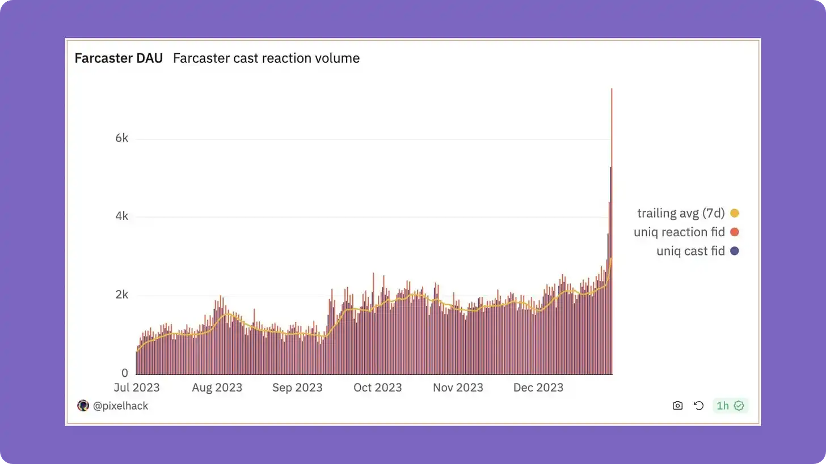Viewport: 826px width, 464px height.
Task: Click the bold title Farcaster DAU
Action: point(119,58)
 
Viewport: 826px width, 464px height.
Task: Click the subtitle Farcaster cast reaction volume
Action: point(266,58)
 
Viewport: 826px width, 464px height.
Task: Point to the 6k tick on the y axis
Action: point(122,139)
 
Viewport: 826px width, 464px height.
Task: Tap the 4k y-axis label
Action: point(122,216)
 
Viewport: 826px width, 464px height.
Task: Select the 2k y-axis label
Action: point(122,295)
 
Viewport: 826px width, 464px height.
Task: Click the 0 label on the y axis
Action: point(124,373)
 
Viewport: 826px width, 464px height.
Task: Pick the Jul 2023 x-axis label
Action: point(137,388)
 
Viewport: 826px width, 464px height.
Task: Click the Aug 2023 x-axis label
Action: point(217,388)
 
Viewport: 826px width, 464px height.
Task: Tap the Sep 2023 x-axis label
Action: point(297,388)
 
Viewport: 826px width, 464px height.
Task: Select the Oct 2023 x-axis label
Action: point(377,388)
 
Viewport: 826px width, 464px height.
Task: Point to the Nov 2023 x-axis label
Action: point(458,388)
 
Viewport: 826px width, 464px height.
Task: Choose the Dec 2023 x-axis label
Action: point(538,388)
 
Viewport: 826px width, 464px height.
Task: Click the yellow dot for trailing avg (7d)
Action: point(735,214)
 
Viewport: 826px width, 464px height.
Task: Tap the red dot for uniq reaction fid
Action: point(735,232)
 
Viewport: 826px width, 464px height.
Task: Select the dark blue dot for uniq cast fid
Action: point(735,251)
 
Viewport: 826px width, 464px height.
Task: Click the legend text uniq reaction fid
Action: point(679,232)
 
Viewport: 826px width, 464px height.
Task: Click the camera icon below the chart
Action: point(677,406)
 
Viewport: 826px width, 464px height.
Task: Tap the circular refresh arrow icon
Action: point(699,406)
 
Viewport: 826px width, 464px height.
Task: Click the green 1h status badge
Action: point(730,406)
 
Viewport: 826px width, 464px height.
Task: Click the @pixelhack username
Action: point(120,406)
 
